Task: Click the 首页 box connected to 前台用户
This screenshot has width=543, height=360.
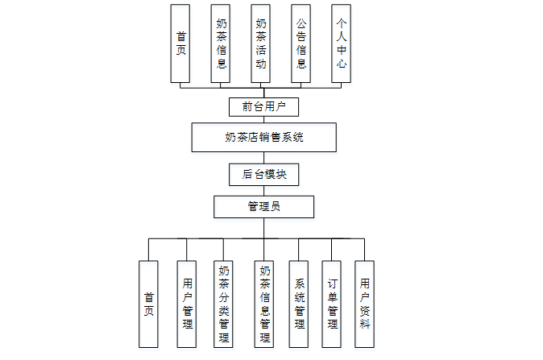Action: pyautogui.click(x=181, y=43)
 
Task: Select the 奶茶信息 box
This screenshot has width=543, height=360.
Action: pyautogui.click(x=222, y=43)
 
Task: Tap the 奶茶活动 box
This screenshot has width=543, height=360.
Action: pyautogui.click(x=261, y=43)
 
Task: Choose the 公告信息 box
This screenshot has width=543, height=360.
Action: pyautogui.click(x=301, y=43)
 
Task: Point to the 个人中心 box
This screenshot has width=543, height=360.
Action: pyautogui.click(x=342, y=43)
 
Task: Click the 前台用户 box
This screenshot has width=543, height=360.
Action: pyautogui.click(x=264, y=106)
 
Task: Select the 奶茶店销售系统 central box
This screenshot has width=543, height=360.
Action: pyautogui.click(x=264, y=137)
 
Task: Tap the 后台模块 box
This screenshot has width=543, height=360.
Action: pyautogui.click(x=264, y=173)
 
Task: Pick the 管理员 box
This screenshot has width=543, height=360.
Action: pyautogui.click(x=263, y=207)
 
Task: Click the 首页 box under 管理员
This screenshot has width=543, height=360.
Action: pyautogui.click(x=148, y=304)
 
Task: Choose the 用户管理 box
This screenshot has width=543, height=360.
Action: pyautogui.click(x=187, y=304)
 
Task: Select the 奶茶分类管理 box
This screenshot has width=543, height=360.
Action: pyautogui.click(x=225, y=304)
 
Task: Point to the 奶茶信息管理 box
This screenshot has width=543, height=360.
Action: pyautogui.click(x=264, y=304)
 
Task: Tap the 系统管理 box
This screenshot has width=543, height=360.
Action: pyautogui.click(x=299, y=304)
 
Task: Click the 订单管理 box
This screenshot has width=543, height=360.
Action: pyautogui.click(x=332, y=304)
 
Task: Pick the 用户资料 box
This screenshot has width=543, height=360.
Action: pyautogui.click(x=365, y=304)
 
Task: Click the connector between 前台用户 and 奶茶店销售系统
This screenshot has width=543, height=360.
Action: pyautogui.click(x=264, y=119)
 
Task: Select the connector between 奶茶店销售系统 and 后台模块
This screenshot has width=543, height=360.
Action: pyautogui.click(x=264, y=158)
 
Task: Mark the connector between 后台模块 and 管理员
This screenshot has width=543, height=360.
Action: pyautogui.click(x=264, y=190)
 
